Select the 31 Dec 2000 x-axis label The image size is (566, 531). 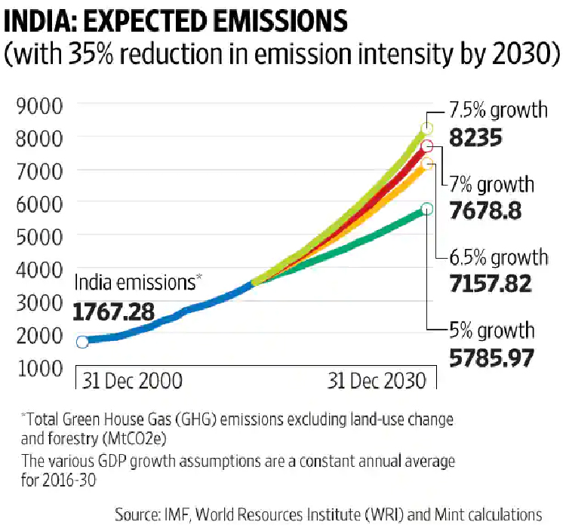tap(131, 380)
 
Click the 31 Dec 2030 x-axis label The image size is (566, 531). tap(377, 380)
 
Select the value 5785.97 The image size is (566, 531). tap(491, 357)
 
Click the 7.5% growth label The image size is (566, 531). tap(499, 111)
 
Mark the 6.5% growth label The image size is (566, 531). tap(499, 257)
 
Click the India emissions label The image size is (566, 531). tap(134, 283)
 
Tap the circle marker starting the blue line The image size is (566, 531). tap(82, 341)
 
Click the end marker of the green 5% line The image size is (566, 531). tap(427, 209)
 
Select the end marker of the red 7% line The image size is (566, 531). tap(427, 146)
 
